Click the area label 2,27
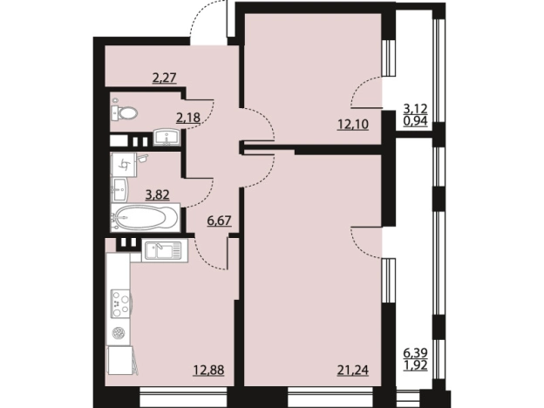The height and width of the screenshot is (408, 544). coord(165,78)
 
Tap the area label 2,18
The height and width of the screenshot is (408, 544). coord(188,118)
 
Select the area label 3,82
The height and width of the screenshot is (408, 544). coord(158,195)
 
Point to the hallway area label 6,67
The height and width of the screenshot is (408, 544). coord(219,221)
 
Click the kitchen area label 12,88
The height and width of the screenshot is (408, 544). coord(209,371)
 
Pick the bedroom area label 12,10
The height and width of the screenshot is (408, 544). coord(353,124)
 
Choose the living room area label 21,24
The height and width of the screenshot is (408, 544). coord(353,371)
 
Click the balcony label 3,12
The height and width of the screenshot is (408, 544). coord(416,109)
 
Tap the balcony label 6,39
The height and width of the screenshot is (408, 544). coord(416,354)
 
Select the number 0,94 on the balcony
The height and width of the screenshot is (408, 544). coord(416,121)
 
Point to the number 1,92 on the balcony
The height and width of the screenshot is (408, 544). coord(416,365)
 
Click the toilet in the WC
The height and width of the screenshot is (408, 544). coord(124,112)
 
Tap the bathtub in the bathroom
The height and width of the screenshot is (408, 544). coord(145,218)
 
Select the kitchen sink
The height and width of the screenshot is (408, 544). coord(165,250)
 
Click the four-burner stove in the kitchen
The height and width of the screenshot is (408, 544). coord(120,303)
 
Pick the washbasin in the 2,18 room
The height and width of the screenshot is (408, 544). coord(167,137)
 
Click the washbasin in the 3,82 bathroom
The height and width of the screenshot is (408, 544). coord(119,190)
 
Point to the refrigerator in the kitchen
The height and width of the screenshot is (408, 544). coord(119,360)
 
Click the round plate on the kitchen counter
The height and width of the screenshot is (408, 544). coord(119,333)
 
